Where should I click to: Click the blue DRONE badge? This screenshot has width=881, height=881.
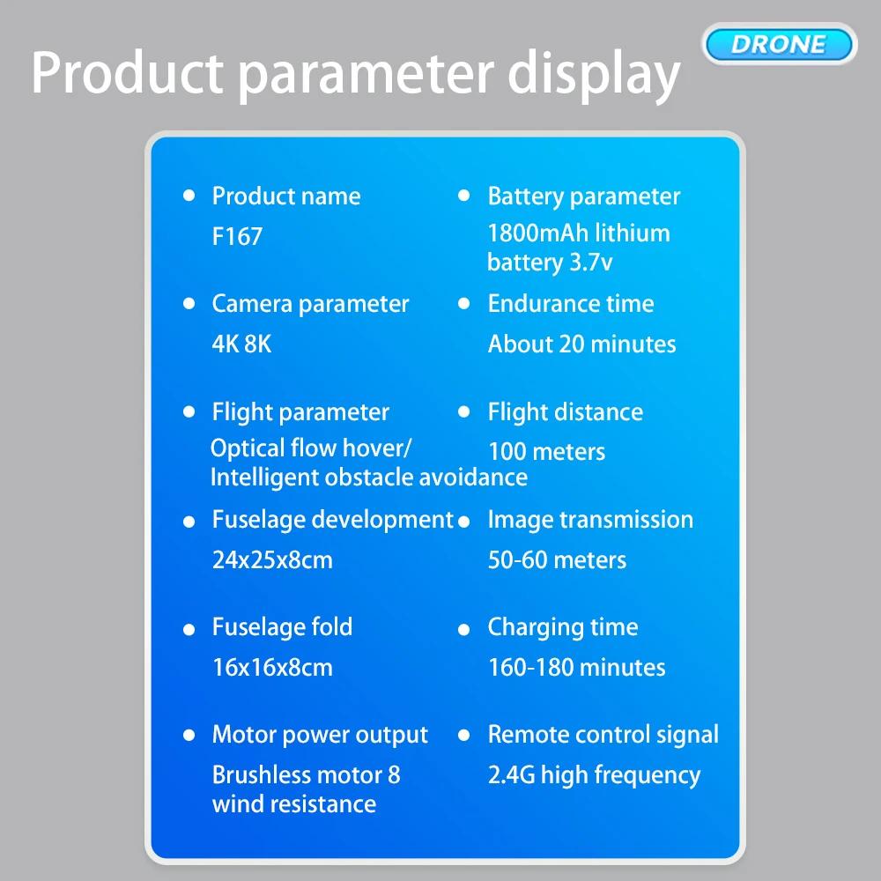779,44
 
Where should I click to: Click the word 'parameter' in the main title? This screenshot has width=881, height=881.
366,75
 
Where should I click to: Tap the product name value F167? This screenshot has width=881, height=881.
237,236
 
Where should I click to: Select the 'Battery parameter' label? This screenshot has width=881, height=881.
584,196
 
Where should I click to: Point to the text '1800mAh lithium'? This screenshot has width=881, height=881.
579,233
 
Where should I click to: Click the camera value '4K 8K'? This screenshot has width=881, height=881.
241,344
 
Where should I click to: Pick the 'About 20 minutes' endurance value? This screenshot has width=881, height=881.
582,344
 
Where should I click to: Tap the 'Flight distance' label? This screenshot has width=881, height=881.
566,412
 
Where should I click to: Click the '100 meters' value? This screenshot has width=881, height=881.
547,452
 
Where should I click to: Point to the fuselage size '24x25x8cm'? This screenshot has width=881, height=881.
272,560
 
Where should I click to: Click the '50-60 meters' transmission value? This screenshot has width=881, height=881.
557,560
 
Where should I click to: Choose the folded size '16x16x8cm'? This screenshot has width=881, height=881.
272,668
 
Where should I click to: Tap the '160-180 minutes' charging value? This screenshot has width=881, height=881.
576,668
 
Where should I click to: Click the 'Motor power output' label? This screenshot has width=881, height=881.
320,736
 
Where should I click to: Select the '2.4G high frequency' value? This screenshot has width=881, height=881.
594,775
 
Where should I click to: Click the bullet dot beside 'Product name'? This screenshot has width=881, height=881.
189,196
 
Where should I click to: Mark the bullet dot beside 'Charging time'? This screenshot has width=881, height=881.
464,629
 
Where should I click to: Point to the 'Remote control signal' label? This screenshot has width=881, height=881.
603,736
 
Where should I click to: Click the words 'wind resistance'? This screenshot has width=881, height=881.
294,804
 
